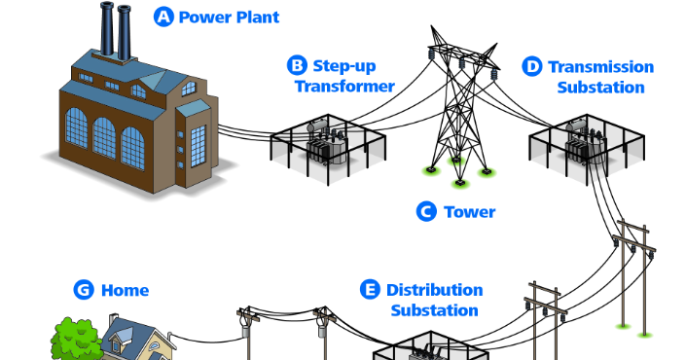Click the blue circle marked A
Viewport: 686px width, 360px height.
163,17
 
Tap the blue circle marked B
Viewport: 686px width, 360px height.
297,66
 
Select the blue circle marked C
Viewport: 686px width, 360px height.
425,211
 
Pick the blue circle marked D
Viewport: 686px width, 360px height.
531,66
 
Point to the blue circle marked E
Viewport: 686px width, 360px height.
370,290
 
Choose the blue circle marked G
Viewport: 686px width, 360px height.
85,290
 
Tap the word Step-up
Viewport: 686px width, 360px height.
343,66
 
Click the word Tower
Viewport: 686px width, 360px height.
469,211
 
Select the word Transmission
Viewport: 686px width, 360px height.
601,66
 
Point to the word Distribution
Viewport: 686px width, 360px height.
434,290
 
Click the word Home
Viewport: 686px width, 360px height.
125,290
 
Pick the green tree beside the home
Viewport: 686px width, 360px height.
73,341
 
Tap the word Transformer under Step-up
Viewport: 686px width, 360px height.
345,87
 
